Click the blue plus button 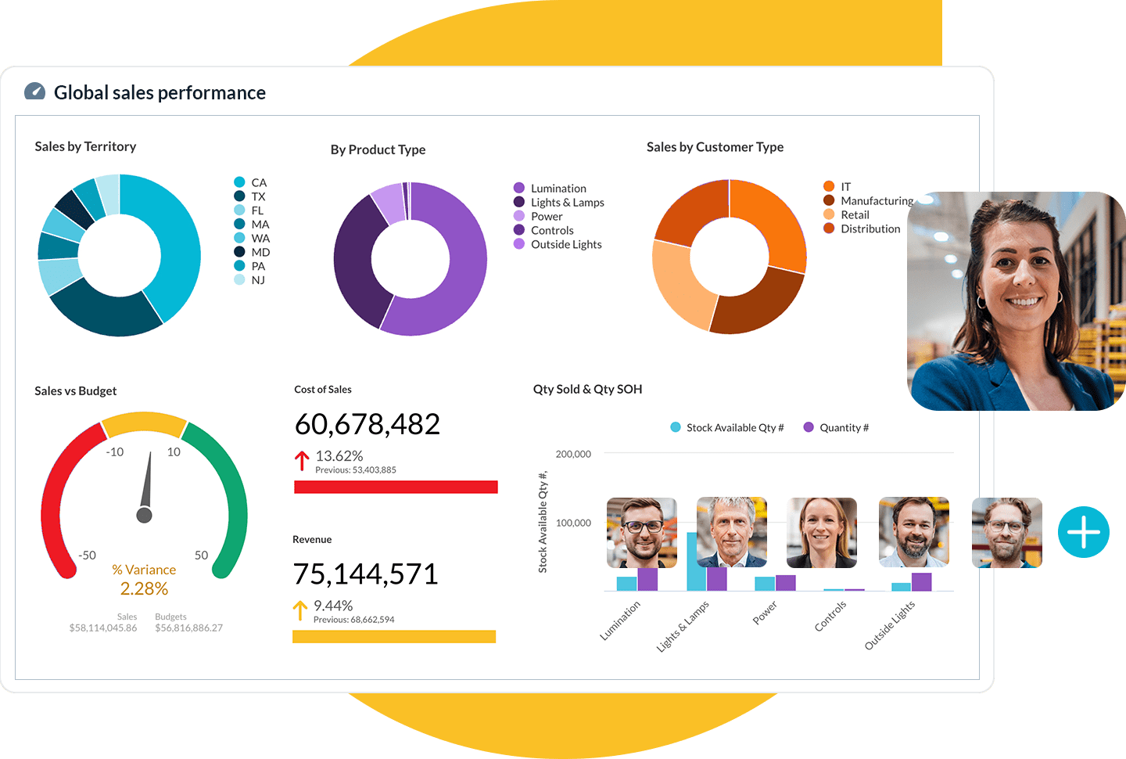click(x=1083, y=532)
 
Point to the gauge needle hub click(x=144, y=515)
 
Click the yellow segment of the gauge click(x=144, y=423)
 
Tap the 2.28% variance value click(x=144, y=588)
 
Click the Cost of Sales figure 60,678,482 click(x=367, y=424)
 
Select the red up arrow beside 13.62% click(x=302, y=461)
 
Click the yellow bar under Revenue click(x=394, y=637)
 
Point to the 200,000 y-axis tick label click(x=573, y=454)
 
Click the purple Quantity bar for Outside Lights click(x=922, y=582)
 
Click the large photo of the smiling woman click(x=1017, y=301)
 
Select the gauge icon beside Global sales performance click(x=35, y=92)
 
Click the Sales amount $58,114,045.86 click(x=103, y=628)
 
